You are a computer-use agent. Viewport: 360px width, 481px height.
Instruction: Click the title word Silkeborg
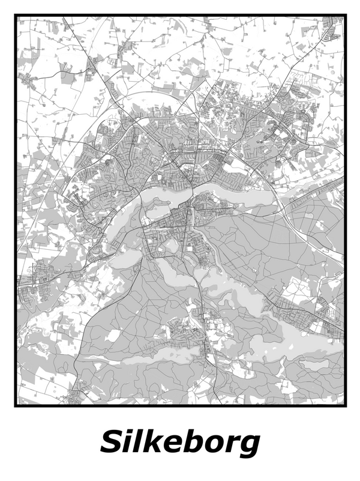(x=180, y=443)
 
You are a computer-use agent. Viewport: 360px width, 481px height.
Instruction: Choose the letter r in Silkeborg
(x=229, y=445)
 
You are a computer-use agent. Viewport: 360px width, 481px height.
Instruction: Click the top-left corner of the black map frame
(x=16, y=16)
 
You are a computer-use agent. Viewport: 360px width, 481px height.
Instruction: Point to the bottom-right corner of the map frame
(x=346, y=405)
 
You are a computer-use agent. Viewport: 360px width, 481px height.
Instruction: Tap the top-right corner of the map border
(x=346, y=16)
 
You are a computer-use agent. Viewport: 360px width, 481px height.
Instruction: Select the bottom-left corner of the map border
(x=16, y=405)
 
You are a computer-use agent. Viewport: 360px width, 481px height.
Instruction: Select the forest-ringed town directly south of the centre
(x=180, y=329)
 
